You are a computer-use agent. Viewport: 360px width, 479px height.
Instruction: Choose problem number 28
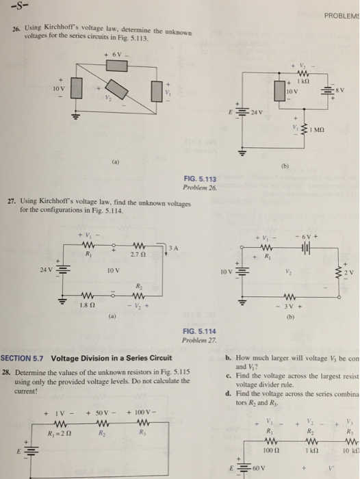[6, 371]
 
